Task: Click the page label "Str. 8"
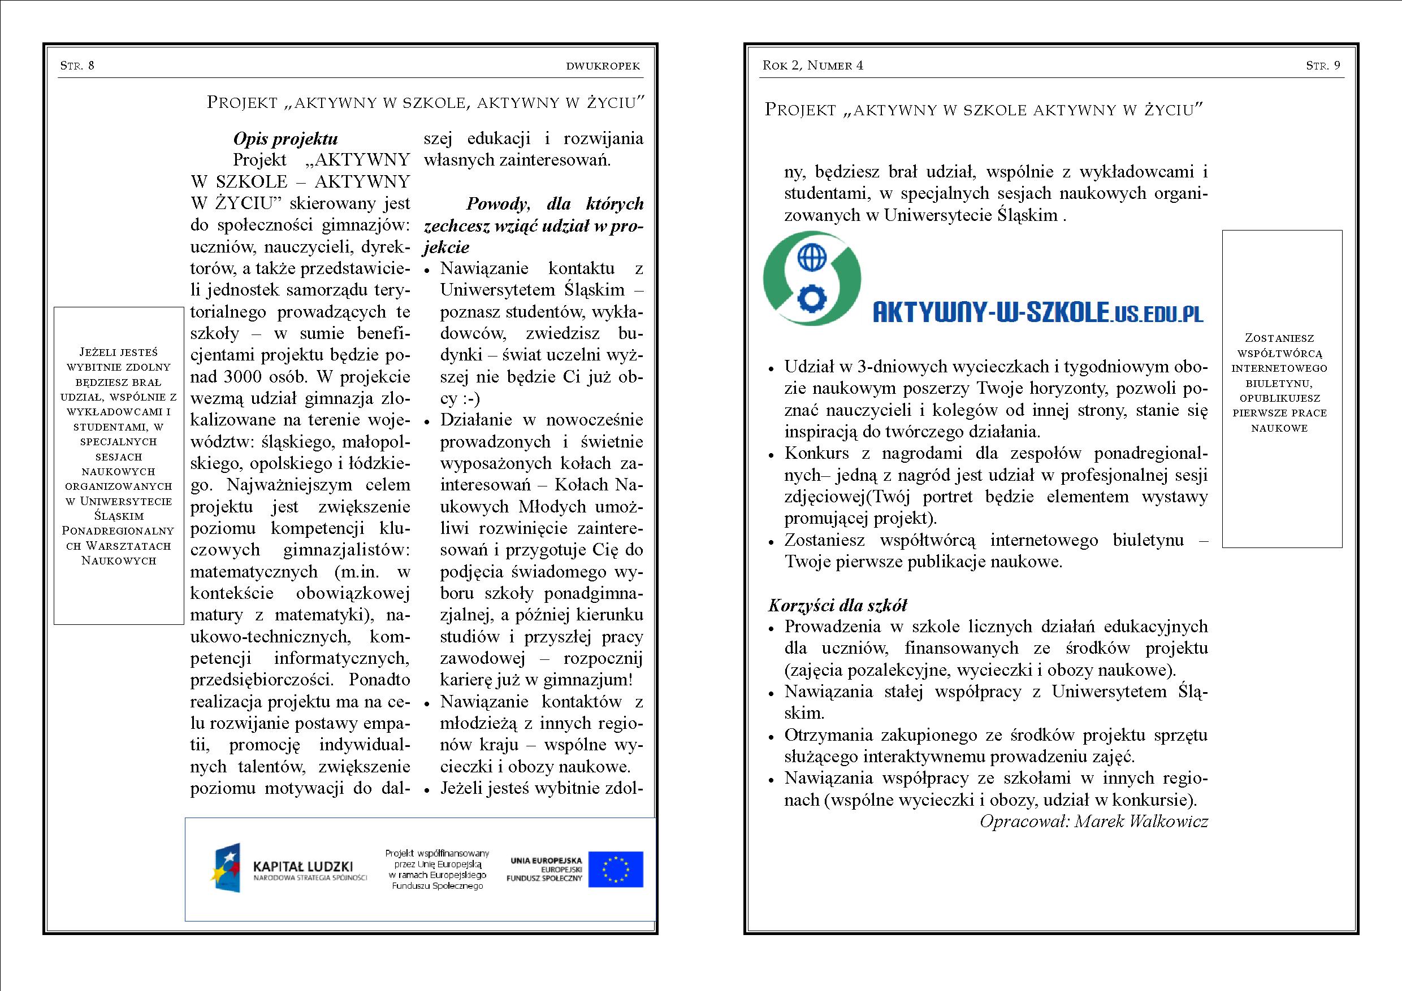(x=77, y=66)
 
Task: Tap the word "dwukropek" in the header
(x=603, y=66)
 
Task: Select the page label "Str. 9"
(x=1323, y=66)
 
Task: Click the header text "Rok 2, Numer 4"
(x=813, y=66)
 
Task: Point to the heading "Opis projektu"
(x=285, y=139)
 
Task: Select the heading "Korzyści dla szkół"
(x=837, y=605)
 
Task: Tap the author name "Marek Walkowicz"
(x=1141, y=822)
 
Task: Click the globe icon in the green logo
(x=812, y=258)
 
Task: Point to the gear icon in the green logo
(x=812, y=298)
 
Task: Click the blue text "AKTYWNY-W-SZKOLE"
(x=990, y=313)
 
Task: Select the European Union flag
(x=616, y=869)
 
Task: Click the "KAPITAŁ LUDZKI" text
(x=303, y=867)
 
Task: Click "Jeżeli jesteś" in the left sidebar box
(x=119, y=352)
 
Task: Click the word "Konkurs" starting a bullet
(x=816, y=453)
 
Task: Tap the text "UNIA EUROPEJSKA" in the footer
(x=546, y=861)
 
